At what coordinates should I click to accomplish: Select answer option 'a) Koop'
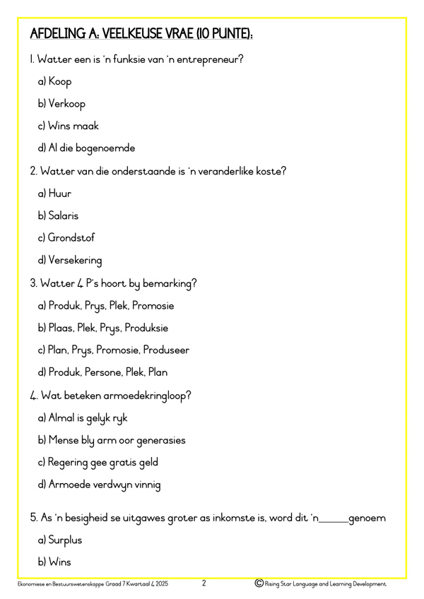54,81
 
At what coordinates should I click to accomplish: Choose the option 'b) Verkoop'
61,104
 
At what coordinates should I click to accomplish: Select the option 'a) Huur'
54,194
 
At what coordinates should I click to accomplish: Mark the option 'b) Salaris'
58,215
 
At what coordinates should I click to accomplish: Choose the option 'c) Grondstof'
66,238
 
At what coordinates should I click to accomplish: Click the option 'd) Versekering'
70,261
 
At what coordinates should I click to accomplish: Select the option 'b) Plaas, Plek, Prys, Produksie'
103,328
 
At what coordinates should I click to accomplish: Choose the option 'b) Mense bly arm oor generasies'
112,440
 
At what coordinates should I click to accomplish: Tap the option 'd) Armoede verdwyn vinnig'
99,485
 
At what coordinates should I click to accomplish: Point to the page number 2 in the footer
204,583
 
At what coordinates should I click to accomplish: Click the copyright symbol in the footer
259,583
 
